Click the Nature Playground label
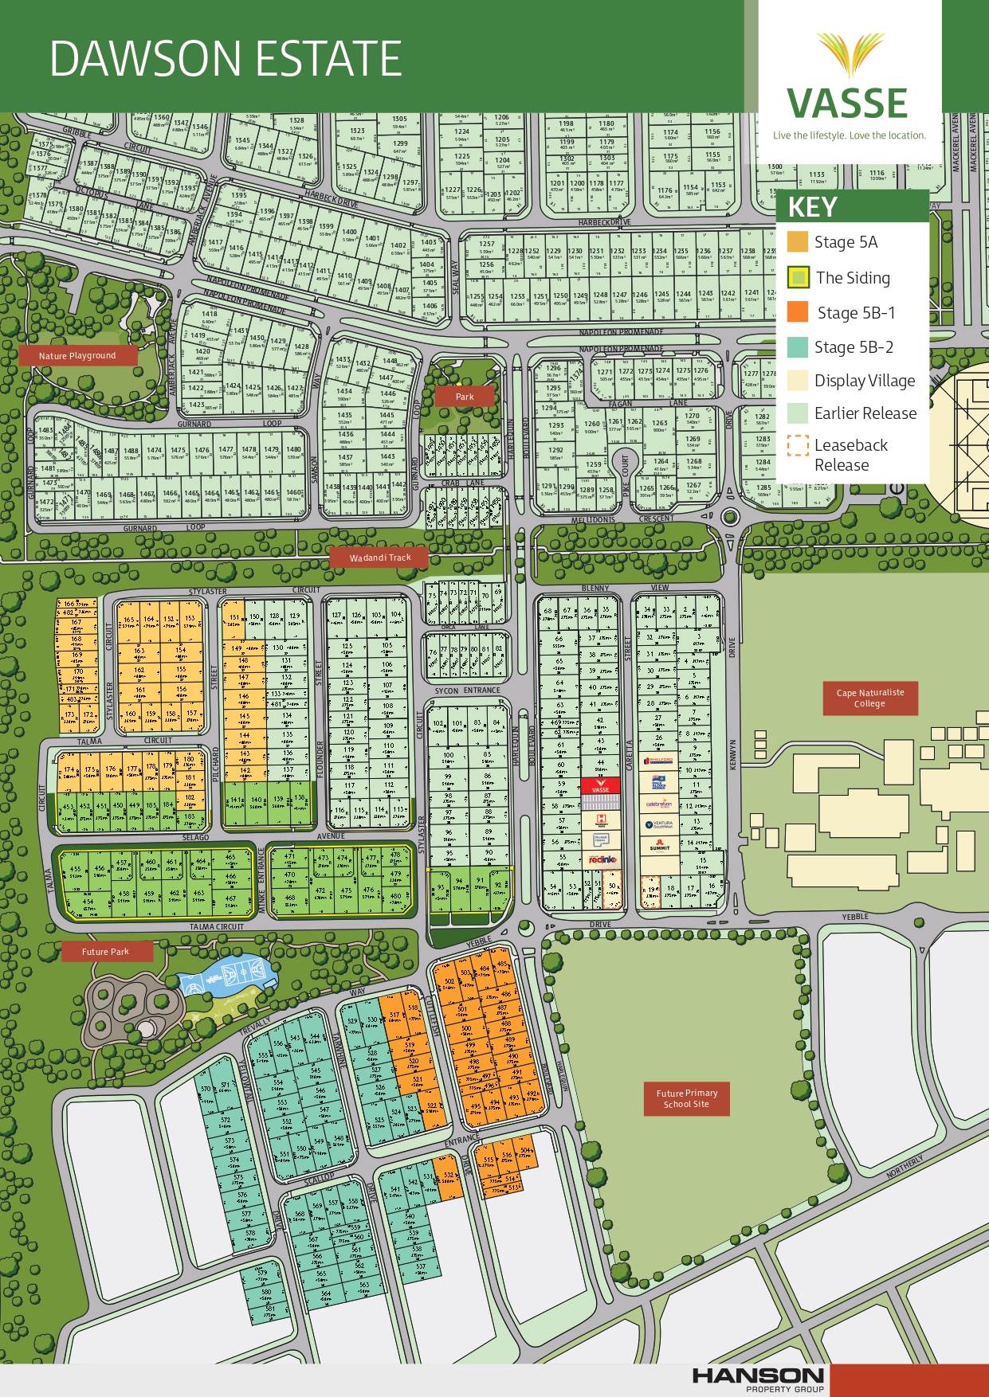77,356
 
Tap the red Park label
464,396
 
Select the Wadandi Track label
380,558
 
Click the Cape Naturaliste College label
869,698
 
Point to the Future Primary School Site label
686,1098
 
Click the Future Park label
105,951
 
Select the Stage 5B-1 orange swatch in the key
797,312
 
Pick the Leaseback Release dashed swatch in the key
797,446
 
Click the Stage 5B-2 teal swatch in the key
797,346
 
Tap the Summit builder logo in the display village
659,848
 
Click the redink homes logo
599,859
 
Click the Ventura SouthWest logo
659,825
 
